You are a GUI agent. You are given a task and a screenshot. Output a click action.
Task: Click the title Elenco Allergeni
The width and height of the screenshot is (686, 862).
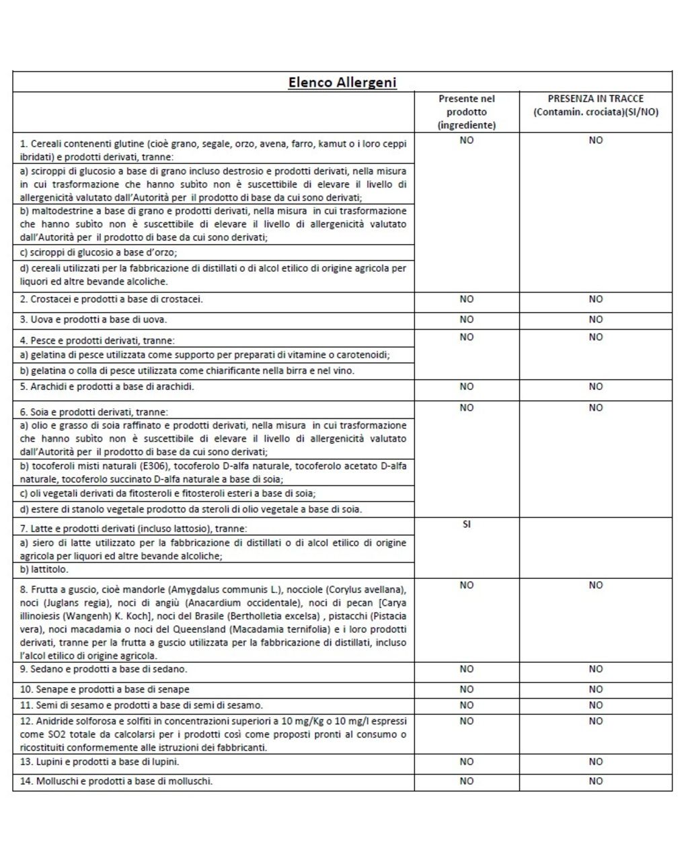[x=342, y=83]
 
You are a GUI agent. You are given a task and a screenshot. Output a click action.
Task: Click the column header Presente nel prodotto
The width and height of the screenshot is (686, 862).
[x=467, y=112]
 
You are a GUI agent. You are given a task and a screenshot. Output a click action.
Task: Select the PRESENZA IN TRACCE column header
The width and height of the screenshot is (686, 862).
[x=595, y=105]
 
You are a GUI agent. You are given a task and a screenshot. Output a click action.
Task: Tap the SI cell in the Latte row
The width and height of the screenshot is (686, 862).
[x=467, y=524]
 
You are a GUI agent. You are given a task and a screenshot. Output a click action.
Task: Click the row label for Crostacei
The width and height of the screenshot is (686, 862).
[x=112, y=299]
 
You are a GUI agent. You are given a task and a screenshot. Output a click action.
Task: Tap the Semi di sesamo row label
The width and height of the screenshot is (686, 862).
[x=141, y=705]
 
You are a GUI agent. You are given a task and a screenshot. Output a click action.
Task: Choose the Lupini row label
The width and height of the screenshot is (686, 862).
[x=100, y=762]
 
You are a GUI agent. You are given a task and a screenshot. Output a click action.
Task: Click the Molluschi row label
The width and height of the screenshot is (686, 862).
[x=116, y=781]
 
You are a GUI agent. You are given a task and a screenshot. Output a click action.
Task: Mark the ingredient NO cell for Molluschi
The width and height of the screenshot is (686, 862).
[x=467, y=781]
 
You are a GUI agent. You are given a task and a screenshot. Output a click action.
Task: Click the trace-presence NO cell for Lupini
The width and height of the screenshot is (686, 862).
[x=596, y=762]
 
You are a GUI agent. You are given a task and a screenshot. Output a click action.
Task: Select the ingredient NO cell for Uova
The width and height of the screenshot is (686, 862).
[x=467, y=319]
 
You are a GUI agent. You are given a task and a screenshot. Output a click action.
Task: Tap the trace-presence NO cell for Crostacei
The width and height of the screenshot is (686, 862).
[x=596, y=299]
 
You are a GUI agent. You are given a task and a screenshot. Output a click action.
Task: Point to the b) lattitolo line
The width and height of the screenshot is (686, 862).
[x=44, y=570]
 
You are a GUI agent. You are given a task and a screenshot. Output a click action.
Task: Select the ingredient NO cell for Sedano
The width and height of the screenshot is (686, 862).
[x=467, y=669]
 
